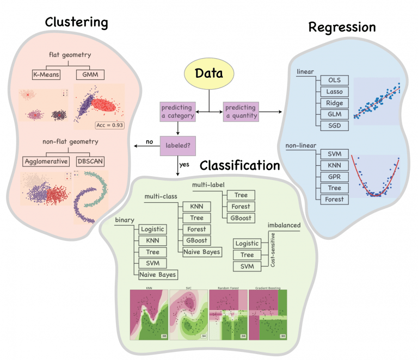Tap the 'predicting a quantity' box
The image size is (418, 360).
240,112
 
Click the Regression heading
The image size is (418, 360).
342,27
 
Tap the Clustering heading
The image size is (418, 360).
76,22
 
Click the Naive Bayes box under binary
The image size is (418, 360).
158,275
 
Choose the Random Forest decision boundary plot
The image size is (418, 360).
228,315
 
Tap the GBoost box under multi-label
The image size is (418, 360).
241,218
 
